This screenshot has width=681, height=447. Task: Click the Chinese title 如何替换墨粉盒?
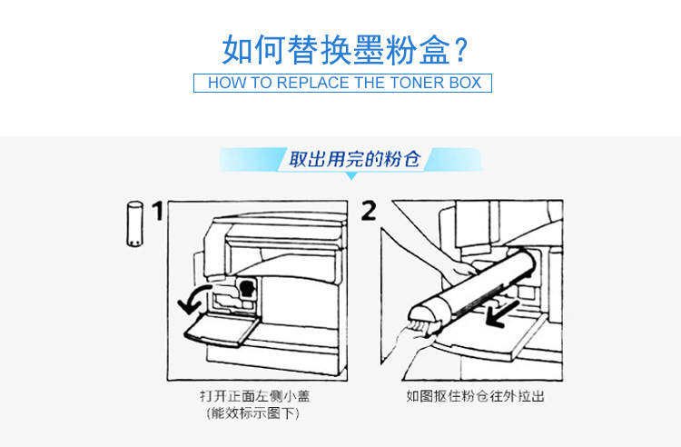[x=344, y=50]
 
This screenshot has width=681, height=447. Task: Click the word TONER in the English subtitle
[x=416, y=83]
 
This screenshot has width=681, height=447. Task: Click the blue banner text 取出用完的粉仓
[x=355, y=159]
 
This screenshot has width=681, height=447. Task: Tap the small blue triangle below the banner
[x=351, y=175]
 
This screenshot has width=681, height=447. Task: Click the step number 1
[x=157, y=211]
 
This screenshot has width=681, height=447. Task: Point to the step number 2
[x=369, y=211]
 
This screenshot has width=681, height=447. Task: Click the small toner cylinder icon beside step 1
[x=134, y=224]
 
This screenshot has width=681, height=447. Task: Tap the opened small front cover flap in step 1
[x=222, y=330]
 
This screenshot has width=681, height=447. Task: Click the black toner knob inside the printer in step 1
[x=246, y=288]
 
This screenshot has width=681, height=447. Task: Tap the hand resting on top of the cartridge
[x=461, y=270]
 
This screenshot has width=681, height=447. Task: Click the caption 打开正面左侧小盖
[x=255, y=396]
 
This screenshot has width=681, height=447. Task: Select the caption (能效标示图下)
[x=252, y=412]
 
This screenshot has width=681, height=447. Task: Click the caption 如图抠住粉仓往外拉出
[x=475, y=396]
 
